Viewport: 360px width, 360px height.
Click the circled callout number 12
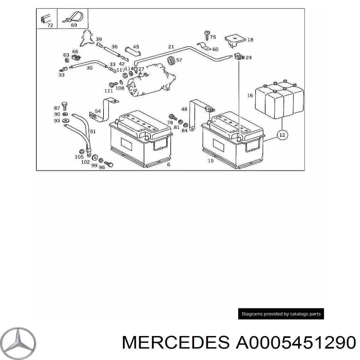point(282,135)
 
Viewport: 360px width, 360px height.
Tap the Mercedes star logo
point(18,343)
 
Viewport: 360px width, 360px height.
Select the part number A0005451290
point(296,342)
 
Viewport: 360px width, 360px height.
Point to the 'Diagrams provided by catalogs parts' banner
point(281,314)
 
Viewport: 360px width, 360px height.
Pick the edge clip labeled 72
point(45,19)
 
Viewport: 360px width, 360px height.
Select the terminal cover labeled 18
point(235,40)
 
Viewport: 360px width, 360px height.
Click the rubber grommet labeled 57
point(171,60)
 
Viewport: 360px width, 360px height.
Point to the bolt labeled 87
point(64,106)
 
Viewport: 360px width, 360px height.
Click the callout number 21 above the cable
point(171,47)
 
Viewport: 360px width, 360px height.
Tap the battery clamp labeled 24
point(239,56)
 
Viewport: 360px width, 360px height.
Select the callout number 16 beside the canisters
point(250,95)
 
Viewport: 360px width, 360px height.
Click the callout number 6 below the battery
point(169,164)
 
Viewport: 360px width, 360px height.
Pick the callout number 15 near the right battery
point(211,161)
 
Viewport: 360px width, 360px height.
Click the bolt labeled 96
point(109,164)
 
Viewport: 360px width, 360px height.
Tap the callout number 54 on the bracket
point(98,111)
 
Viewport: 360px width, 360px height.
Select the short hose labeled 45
point(133,51)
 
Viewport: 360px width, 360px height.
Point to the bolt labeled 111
point(113,84)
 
